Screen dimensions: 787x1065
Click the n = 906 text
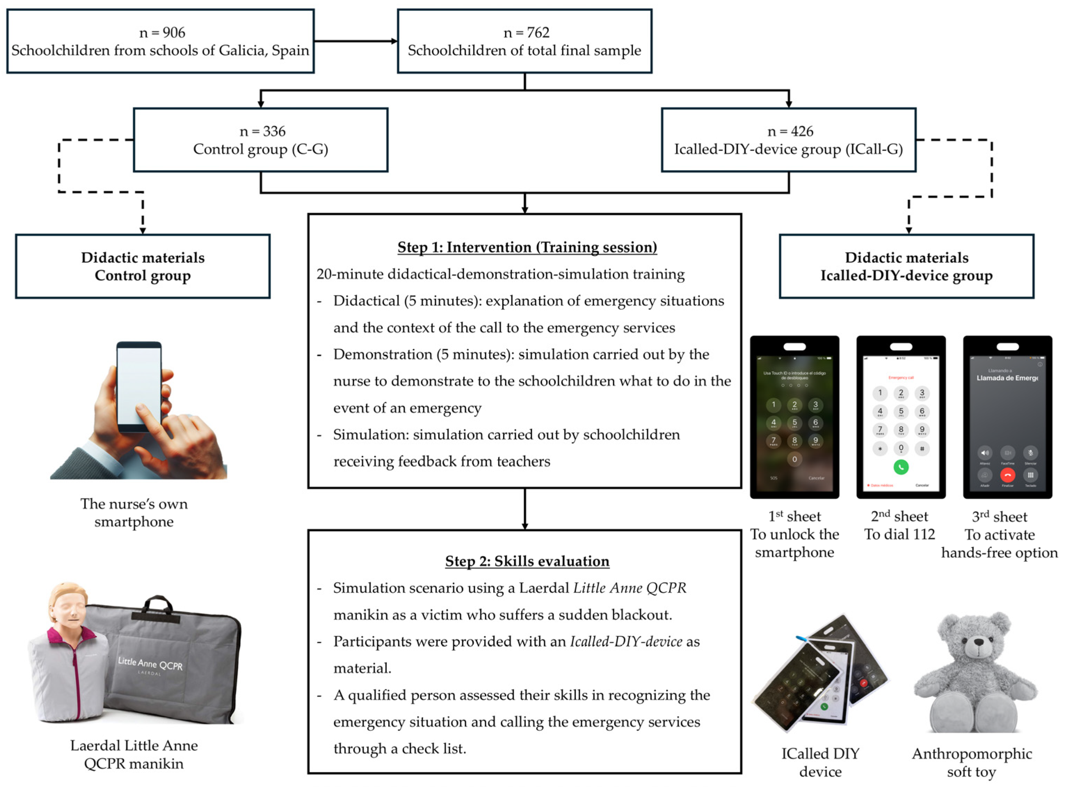(162, 32)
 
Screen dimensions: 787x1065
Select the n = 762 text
(526, 32)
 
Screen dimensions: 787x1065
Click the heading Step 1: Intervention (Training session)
(527, 247)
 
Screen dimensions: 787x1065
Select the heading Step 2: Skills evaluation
(527, 561)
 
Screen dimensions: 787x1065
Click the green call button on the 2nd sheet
(900, 467)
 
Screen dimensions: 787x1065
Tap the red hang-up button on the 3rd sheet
(1007, 475)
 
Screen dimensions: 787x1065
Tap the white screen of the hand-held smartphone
(139, 386)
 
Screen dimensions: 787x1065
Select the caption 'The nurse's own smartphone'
(134, 513)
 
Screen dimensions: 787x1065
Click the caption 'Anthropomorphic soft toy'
(971, 762)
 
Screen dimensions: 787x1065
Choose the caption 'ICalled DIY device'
(820, 762)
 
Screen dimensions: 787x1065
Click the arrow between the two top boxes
(355, 41)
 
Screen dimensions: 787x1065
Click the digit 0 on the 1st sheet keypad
(794, 459)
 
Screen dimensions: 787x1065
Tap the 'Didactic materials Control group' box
(143, 266)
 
